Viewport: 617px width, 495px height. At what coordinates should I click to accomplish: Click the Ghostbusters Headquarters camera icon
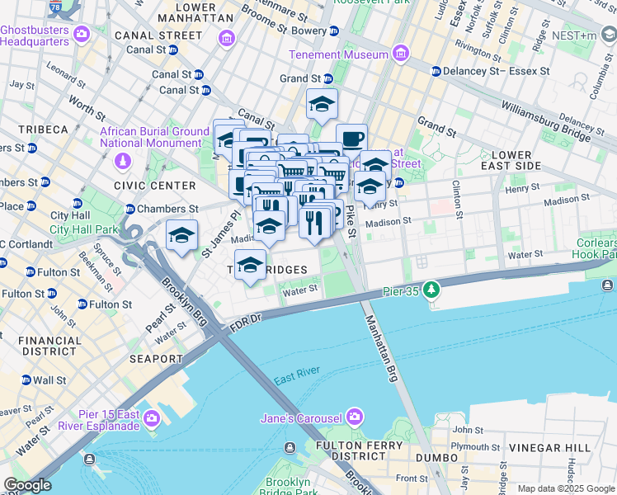pyautogui.click(x=81, y=35)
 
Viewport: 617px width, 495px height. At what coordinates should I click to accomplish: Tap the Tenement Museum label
pyautogui.click(x=338, y=54)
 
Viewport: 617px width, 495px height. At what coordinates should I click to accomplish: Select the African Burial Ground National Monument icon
pyautogui.click(x=123, y=160)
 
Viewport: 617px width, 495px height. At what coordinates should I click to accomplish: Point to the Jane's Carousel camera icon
pyautogui.click(x=355, y=416)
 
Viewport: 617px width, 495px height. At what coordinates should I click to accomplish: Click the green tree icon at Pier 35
pyautogui.click(x=430, y=290)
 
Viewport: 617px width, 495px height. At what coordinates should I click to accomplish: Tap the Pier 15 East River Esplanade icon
pyautogui.click(x=151, y=419)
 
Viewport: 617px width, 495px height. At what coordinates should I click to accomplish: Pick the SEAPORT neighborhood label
pyautogui.click(x=156, y=359)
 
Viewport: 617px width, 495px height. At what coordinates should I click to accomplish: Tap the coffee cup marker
pyautogui.click(x=351, y=138)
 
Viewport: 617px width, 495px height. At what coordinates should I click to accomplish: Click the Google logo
pyautogui.click(x=27, y=485)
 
